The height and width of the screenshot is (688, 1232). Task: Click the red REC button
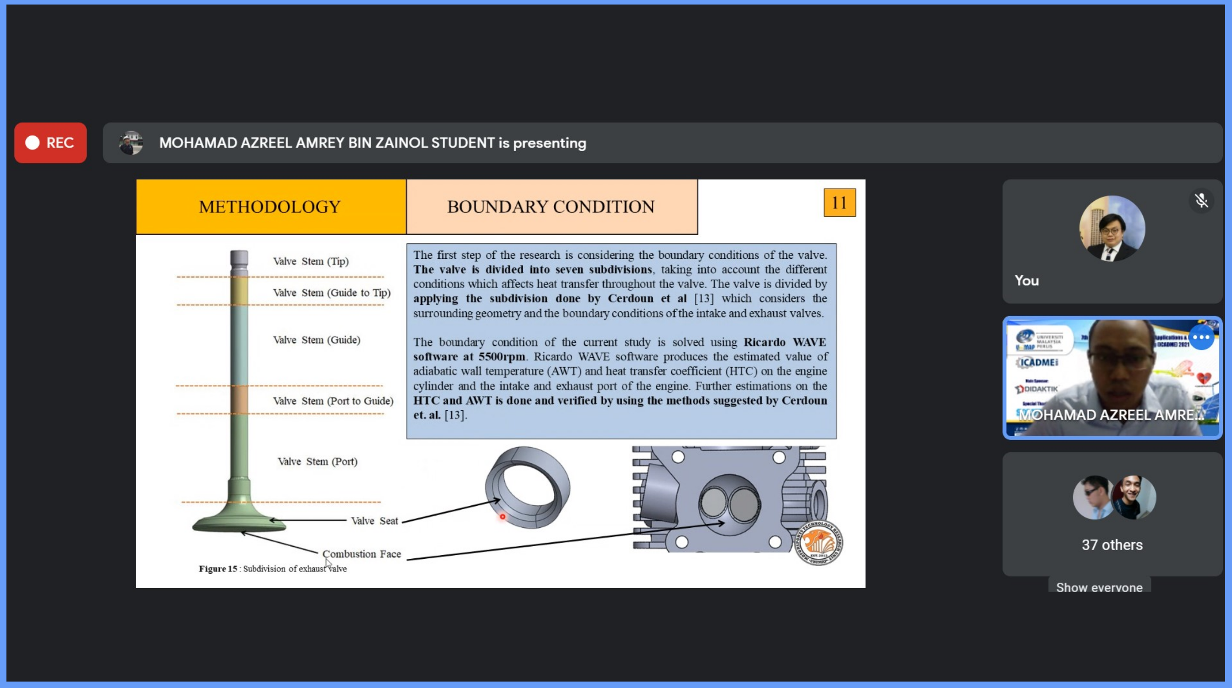[x=50, y=143]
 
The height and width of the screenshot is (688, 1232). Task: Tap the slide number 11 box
[x=839, y=203]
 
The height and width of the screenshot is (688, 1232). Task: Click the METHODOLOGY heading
[x=270, y=207]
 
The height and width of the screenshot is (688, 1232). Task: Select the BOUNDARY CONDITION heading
[x=550, y=207]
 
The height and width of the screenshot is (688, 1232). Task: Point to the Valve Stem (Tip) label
[x=311, y=261]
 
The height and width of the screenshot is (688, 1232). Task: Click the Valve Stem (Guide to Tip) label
[x=331, y=293]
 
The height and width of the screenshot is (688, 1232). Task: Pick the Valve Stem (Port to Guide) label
[x=333, y=401]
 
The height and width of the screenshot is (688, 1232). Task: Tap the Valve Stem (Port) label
[x=317, y=462]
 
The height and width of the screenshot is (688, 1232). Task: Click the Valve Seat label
[x=374, y=521]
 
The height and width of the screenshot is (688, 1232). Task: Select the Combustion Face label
[x=362, y=554]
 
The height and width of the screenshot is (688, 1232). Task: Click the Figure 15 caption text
[x=273, y=569]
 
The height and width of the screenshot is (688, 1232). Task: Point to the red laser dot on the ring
[x=503, y=517]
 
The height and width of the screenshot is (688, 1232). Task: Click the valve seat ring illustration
[x=528, y=487]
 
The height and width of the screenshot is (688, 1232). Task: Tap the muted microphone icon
[x=1201, y=201]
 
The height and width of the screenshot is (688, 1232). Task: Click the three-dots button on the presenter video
[x=1201, y=338]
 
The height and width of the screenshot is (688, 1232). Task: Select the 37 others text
[x=1112, y=545]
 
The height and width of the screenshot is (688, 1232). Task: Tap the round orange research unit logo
[x=818, y=543]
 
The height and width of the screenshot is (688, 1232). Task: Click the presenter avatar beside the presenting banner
[x=130, y=143]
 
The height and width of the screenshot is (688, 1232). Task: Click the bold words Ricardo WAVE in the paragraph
[x=785, y=342]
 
